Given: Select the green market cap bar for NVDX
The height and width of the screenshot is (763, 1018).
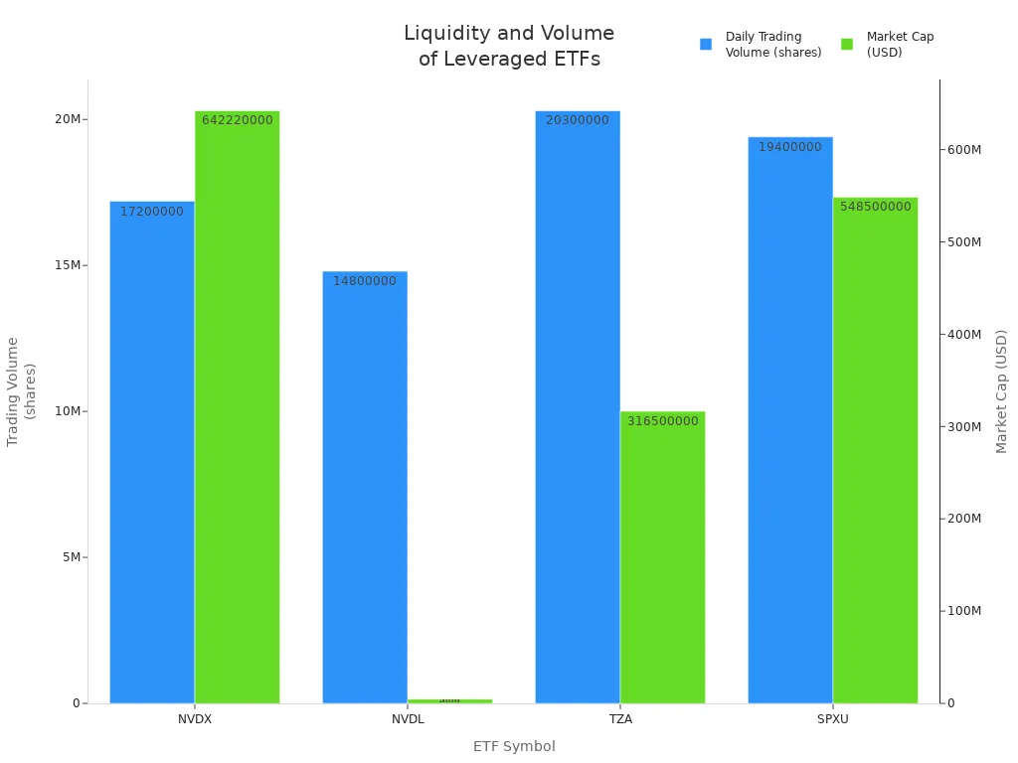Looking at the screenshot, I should tap(237, 407).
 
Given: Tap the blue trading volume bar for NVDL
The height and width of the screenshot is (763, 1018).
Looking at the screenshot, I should tap(365, 487).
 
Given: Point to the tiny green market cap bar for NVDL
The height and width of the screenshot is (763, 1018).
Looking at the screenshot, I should tap(449, 700).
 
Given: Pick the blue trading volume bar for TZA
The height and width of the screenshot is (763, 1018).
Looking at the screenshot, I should tap(578, 407).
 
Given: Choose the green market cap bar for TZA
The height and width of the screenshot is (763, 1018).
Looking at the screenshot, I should tap(662, 556).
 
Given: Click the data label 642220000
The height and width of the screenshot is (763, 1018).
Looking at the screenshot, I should tap(237, 120).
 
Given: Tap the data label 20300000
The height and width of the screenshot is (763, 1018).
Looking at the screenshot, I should tap(578, 120).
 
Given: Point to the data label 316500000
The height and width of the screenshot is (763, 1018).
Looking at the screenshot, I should tap(662, 421).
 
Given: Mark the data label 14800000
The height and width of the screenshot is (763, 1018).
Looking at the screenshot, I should tap(365, 281).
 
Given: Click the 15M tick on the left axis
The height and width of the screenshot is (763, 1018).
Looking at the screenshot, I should tap(69, 265).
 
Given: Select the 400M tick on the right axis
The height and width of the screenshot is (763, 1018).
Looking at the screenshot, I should tap(961, 334).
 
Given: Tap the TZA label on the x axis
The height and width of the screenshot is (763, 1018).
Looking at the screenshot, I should tap(619, 719).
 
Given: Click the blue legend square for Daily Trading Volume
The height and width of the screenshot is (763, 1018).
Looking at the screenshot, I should tap(706, 45).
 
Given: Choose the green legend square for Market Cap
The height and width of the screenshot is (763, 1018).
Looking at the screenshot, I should tap(847, 45).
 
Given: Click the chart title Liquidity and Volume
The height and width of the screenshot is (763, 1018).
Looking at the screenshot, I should tap(509, 34).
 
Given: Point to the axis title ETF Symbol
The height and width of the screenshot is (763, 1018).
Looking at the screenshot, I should tap(514, 746).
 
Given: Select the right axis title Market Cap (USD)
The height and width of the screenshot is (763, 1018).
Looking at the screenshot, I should tap(1001, 391).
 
